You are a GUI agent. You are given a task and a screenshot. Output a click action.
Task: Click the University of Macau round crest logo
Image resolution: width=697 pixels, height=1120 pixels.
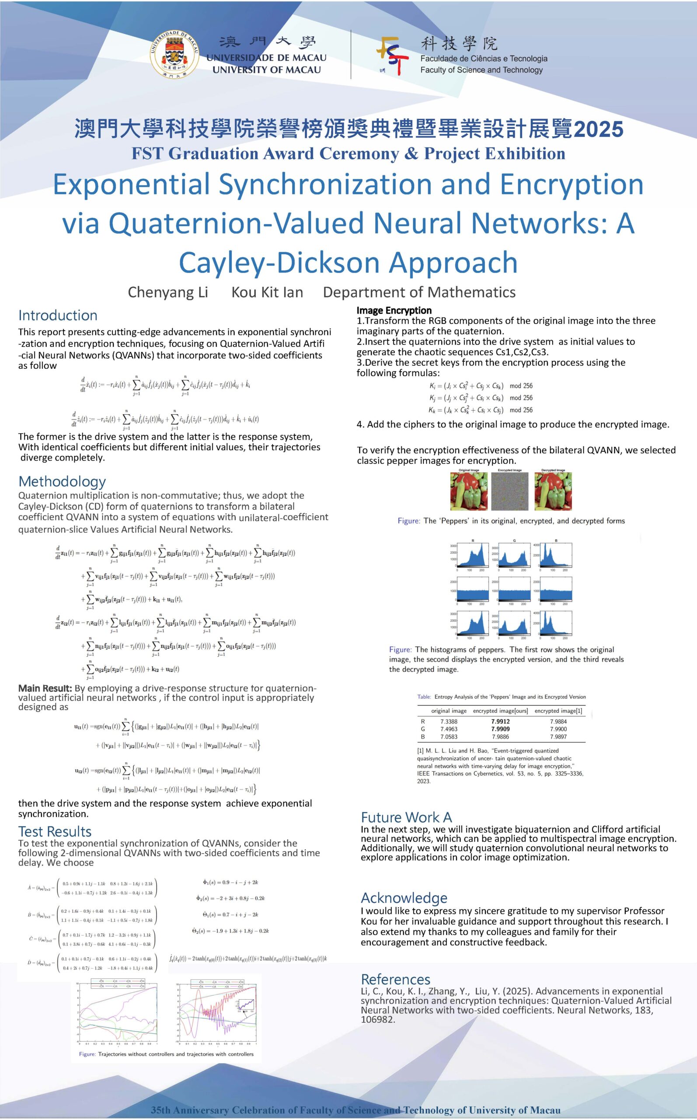pos(174,54)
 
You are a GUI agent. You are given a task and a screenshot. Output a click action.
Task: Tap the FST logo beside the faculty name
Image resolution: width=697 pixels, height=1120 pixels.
pos(392,55)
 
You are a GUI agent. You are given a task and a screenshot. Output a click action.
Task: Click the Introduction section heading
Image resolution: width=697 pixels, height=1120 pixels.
pos(58,315)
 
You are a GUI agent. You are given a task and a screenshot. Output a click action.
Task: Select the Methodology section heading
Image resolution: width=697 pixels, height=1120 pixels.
pos(62,481)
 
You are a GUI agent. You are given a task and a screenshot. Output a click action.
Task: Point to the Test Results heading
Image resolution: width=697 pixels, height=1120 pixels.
pos(54,831)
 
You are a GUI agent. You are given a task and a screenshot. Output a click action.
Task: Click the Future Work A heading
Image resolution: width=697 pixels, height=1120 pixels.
pos(406,818)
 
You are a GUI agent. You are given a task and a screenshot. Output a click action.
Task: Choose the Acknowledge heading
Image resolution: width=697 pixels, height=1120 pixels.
pos(404,898)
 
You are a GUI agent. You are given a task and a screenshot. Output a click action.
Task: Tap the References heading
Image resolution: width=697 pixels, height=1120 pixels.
pos(395,979)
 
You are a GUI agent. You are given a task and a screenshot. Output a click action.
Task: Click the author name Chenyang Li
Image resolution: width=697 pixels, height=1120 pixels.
pos(168,292)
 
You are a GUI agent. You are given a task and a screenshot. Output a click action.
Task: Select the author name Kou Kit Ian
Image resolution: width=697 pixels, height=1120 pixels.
pos(267,292)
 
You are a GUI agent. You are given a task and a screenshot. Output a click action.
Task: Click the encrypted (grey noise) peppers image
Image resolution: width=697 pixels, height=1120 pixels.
pos(509,491)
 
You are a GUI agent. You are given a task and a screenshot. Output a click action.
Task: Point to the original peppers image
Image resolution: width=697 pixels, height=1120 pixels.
pos(468,491)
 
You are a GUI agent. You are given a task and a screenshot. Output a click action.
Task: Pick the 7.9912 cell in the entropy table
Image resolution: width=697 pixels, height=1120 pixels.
pos(500,721)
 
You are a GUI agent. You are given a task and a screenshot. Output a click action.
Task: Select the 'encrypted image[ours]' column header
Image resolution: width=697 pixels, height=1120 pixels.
pos(500,710)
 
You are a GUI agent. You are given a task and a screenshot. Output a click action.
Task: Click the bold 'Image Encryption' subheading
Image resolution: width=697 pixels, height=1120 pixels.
pos(394,310)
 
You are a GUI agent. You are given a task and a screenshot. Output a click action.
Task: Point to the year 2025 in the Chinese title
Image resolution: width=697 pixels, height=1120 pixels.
pos(598,129)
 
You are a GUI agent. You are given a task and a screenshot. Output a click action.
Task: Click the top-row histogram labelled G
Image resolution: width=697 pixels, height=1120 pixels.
pos(513,556)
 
